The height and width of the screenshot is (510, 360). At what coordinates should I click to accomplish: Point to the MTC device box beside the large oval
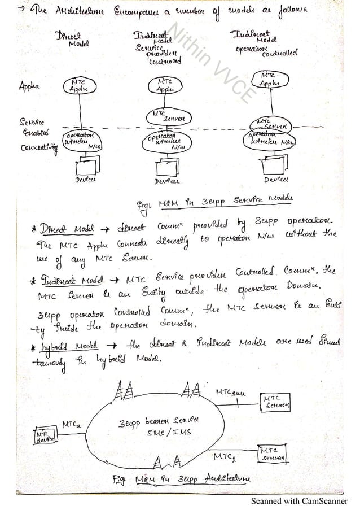pyautogui.click(x=47, y=437)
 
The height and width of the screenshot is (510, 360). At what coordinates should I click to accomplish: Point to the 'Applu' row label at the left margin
pyautogui.click(x=32, y=88)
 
